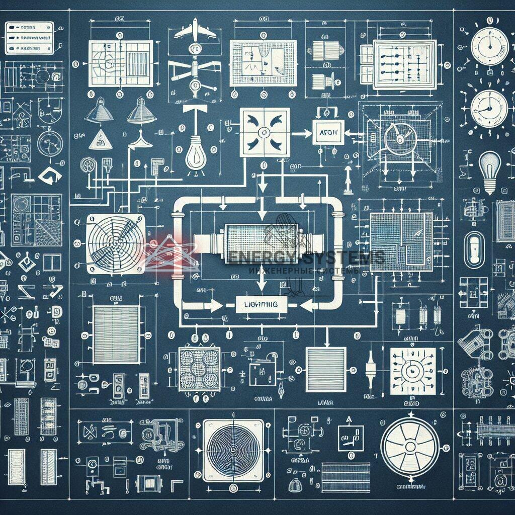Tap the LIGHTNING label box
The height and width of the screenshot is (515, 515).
(261, 304)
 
